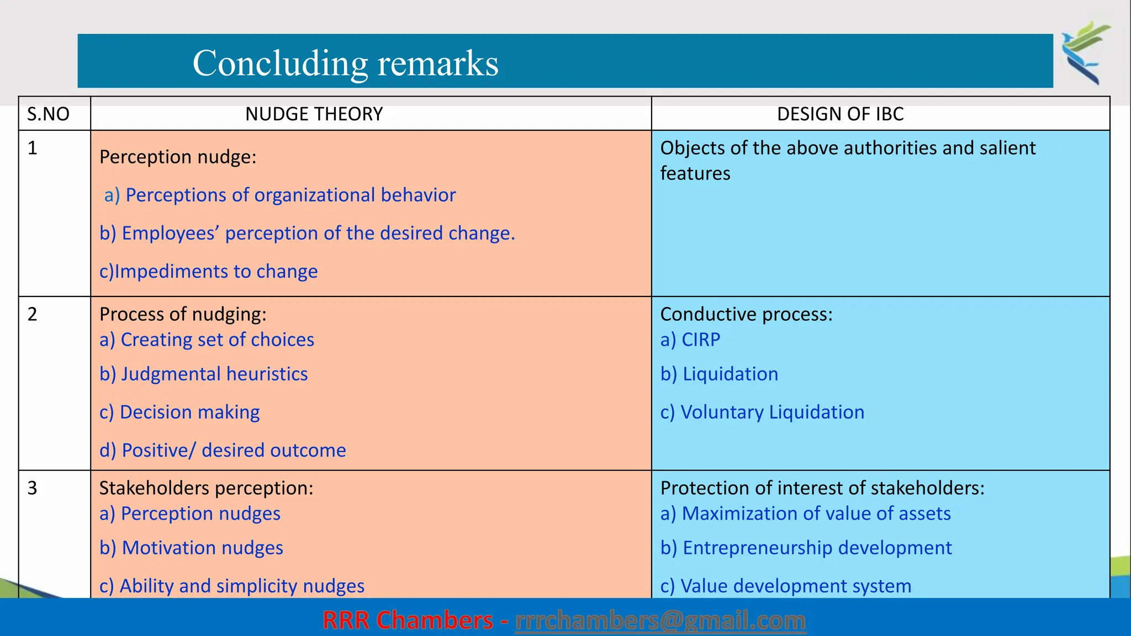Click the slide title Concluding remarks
point(345,63)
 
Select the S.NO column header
point(49,114)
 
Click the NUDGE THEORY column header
point(314,114)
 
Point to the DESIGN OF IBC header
point(840,114)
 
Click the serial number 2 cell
point(33,314)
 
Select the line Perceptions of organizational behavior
point(280,195)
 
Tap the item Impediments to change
point(209,271)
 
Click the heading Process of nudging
point(183,314)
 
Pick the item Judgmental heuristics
point(204,374)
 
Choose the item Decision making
point(179,412)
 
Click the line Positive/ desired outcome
point(223,450)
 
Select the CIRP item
point(690,340)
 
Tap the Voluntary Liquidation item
point(762,412)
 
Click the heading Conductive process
point(746,314)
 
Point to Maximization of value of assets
point(805,513)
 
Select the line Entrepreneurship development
point(806,548)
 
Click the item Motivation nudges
point(191,548)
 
